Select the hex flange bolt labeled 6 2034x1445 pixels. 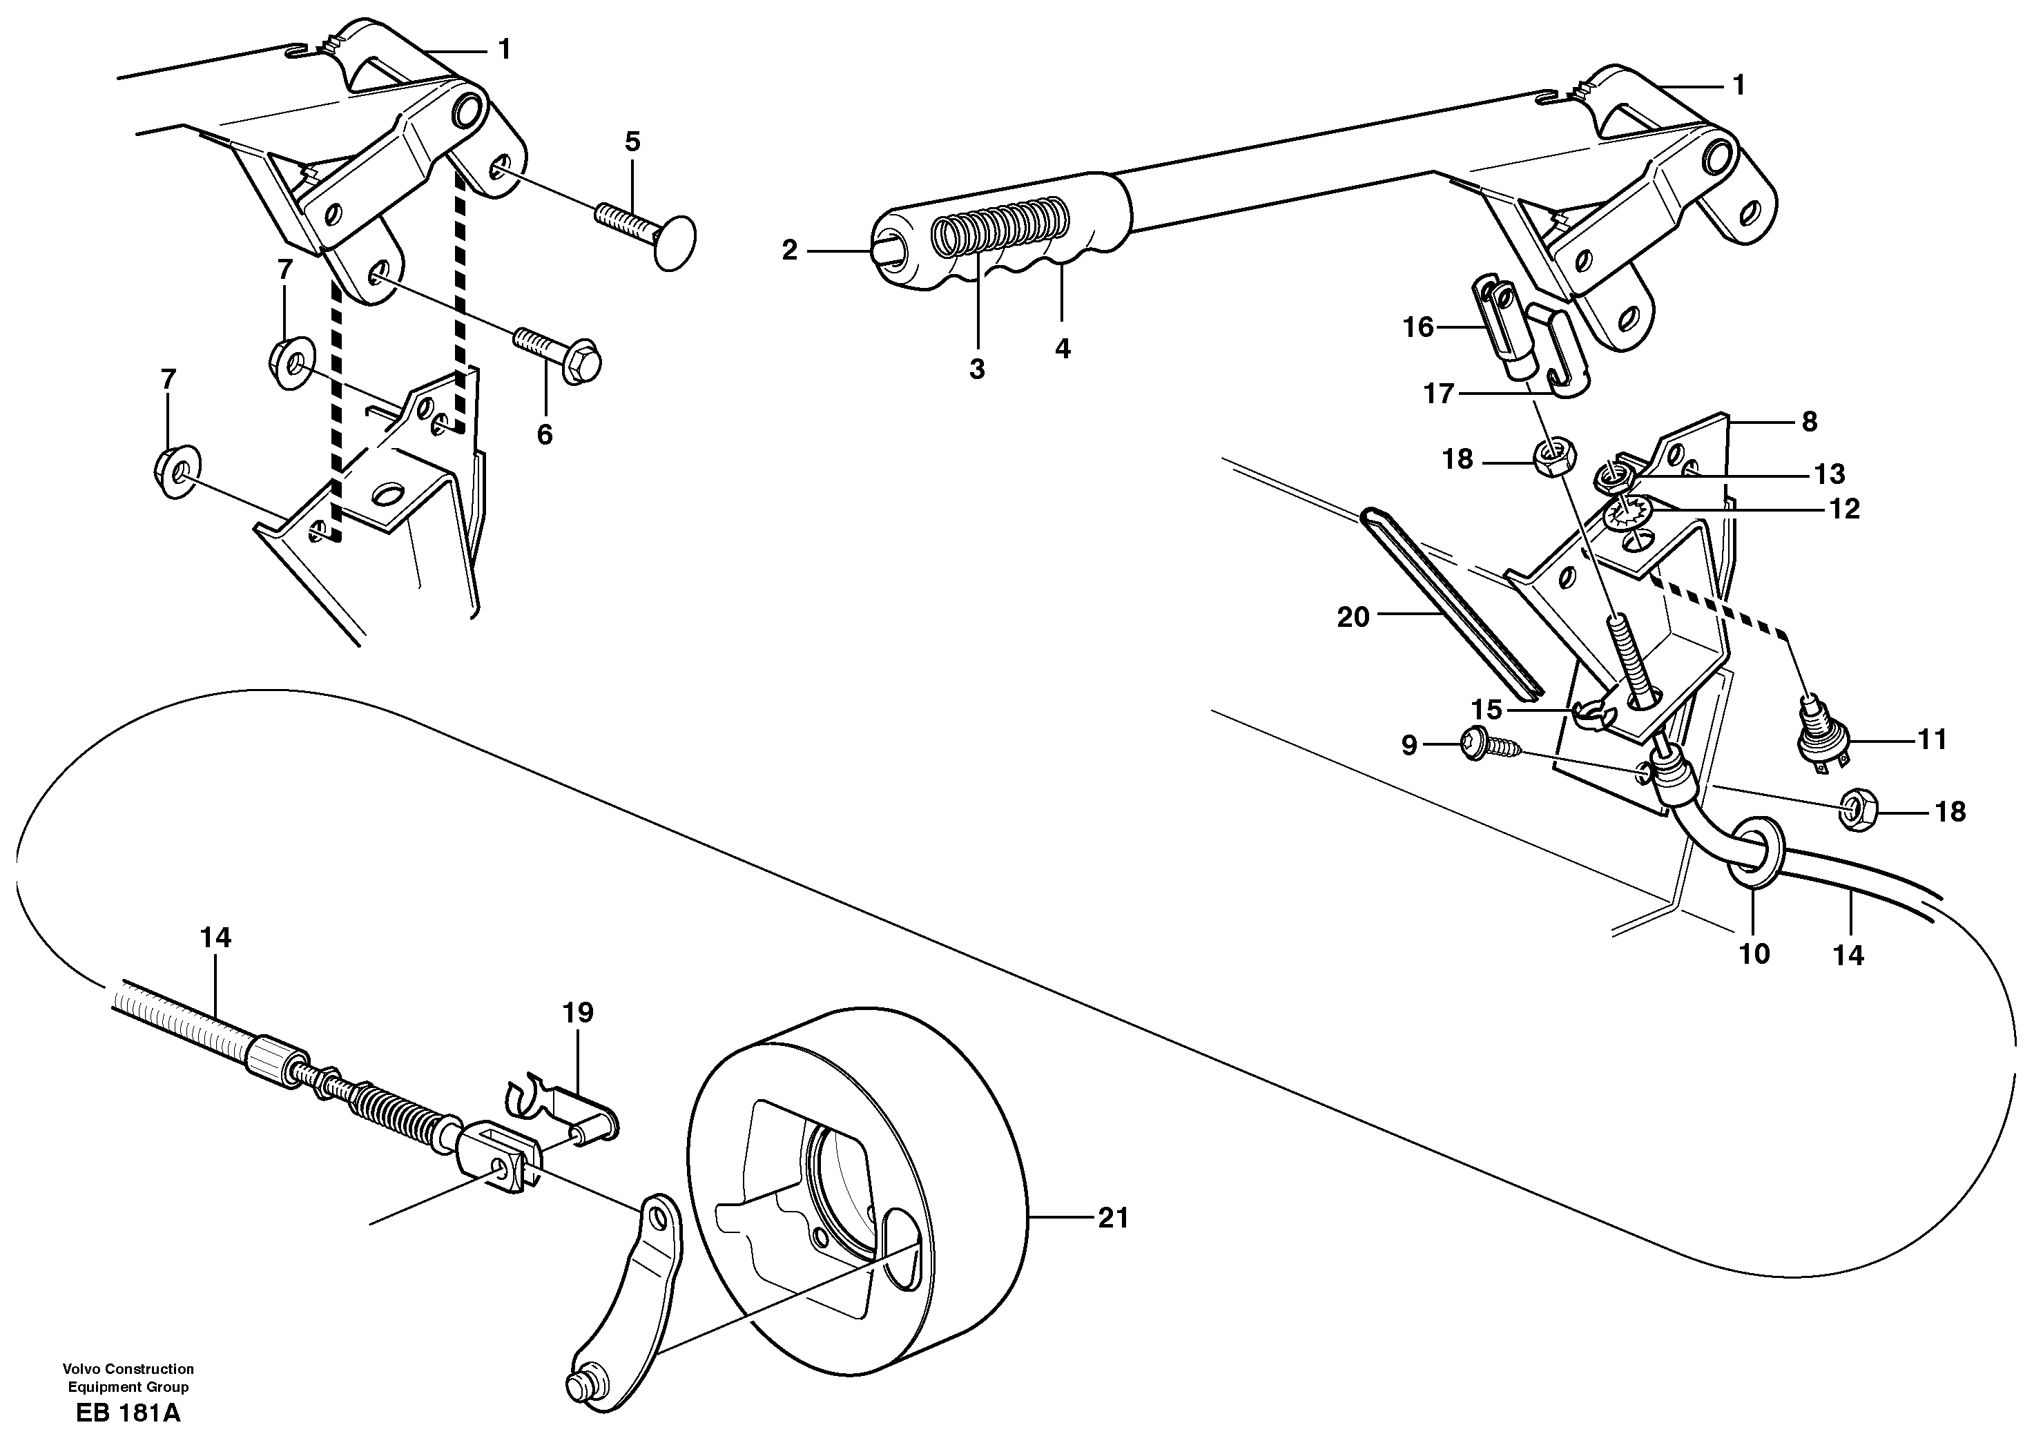(559, 352)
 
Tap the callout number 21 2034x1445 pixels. (1112, 1216)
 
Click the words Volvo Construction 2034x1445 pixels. (128, 1368)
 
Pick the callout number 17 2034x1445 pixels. (1439, 394)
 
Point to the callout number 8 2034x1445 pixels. (1809, 421)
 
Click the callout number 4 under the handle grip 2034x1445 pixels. (1063, 348)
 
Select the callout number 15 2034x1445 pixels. (1486, 709)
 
